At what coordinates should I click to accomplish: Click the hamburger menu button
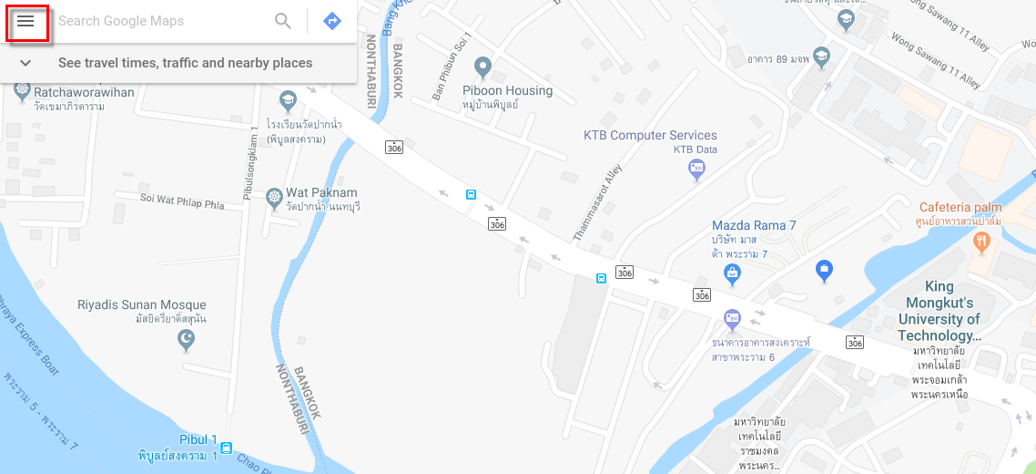coord(25,21)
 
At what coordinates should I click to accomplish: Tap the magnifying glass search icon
coord(283,21)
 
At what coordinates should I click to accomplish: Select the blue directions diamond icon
coord(332,21)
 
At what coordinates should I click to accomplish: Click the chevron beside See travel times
coord(25,63)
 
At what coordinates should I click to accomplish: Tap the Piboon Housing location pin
coord(483,66)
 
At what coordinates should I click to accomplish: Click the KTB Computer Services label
coord(650,136)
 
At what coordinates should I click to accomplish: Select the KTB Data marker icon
coord(696,168)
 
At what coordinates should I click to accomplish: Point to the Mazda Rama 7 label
coord(754,225)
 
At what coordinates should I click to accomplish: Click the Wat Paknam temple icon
coord(273,198)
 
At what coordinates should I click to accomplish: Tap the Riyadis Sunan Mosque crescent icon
coord(186,339)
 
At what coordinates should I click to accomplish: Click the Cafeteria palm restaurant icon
coord(981,242)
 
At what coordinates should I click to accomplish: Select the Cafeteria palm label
coord(960,208)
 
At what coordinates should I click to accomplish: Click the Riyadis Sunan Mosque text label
coord(142,305)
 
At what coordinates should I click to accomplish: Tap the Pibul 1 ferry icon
coord(226,448)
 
